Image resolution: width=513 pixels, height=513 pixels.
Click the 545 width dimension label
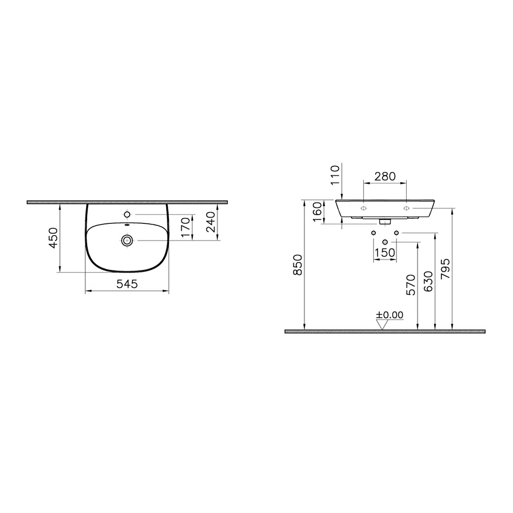(x=127, y=283)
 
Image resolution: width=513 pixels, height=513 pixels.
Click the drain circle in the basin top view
(x=127, y=240)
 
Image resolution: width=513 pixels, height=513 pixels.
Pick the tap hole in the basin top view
(x=127, y=214)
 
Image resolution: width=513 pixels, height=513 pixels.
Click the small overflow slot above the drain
(x=127, y=226)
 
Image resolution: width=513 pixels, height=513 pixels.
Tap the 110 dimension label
(x=334, y=175)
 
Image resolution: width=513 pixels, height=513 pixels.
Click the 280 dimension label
(x=384, y=176)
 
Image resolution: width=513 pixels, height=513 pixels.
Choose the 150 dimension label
(x=384, y=252)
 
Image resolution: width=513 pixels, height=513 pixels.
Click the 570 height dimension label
(x=411, y=286)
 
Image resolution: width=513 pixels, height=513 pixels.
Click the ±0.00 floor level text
(x=389, y=315)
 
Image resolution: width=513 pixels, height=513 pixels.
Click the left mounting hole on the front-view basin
(x=363, y=208)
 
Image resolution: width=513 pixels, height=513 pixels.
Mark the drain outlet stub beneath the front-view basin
(x=384, y=222)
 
